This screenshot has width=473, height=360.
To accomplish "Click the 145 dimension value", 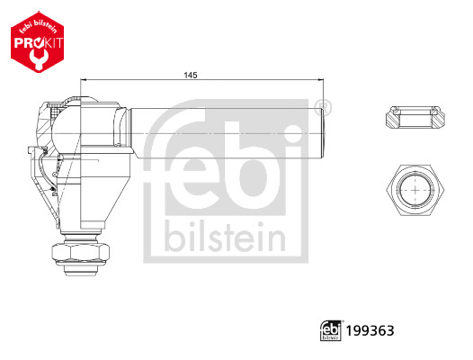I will coord(189,75).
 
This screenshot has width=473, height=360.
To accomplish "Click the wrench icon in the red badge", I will coord(38,56).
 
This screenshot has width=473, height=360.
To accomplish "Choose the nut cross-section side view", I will coord(415,116).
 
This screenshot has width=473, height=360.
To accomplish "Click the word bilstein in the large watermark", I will coord(224,238).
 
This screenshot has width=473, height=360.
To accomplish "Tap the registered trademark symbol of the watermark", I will coord(325,108).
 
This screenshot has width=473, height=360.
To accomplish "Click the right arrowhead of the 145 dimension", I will coord(321,79).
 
